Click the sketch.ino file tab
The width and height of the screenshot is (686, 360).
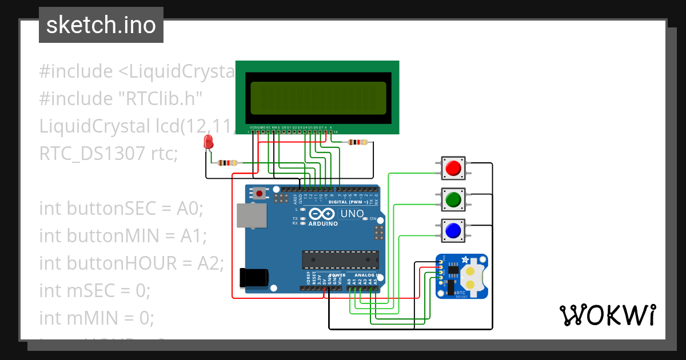tap(101, 25)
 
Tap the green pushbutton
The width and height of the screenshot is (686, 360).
tap(453, 199)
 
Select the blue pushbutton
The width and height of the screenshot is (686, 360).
tap(453, 230)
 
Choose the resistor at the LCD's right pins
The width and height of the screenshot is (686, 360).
tap(358, 142)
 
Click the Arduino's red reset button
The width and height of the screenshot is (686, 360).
tap(260, 194)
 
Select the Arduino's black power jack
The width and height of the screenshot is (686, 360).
tap(254, 277)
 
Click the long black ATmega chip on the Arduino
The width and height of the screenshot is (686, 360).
tap(340, 259)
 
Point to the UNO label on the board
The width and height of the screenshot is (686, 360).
tap(352, 214)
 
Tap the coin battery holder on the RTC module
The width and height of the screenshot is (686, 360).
tap(470, 276)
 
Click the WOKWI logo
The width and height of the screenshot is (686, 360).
tap(607, 314)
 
